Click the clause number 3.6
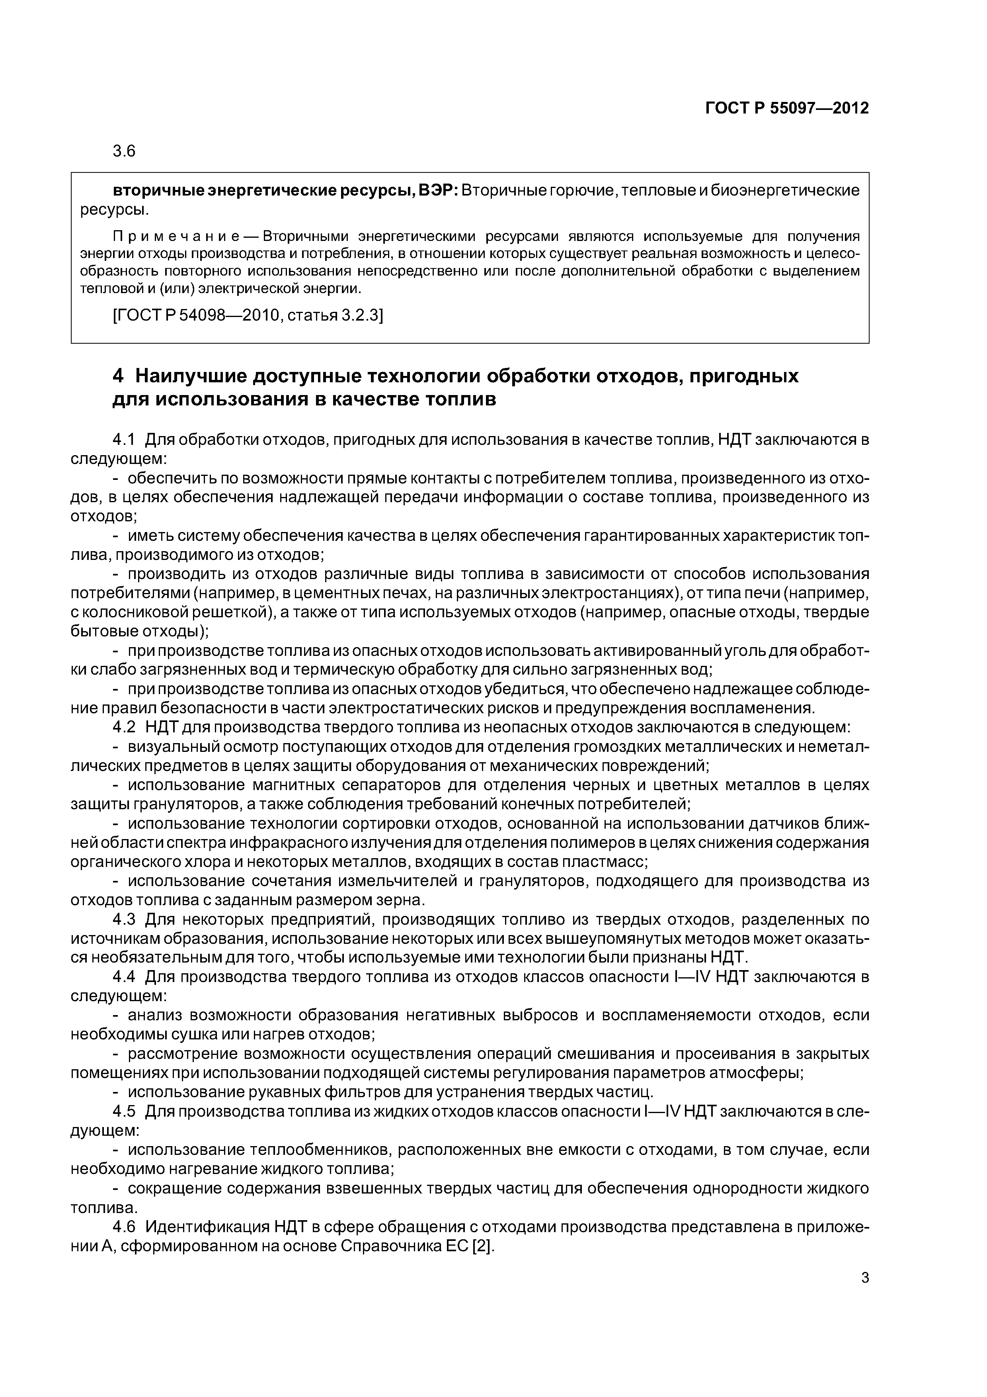point(124,151)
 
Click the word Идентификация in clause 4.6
point(207,1226)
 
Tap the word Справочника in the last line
point(388,1246)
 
